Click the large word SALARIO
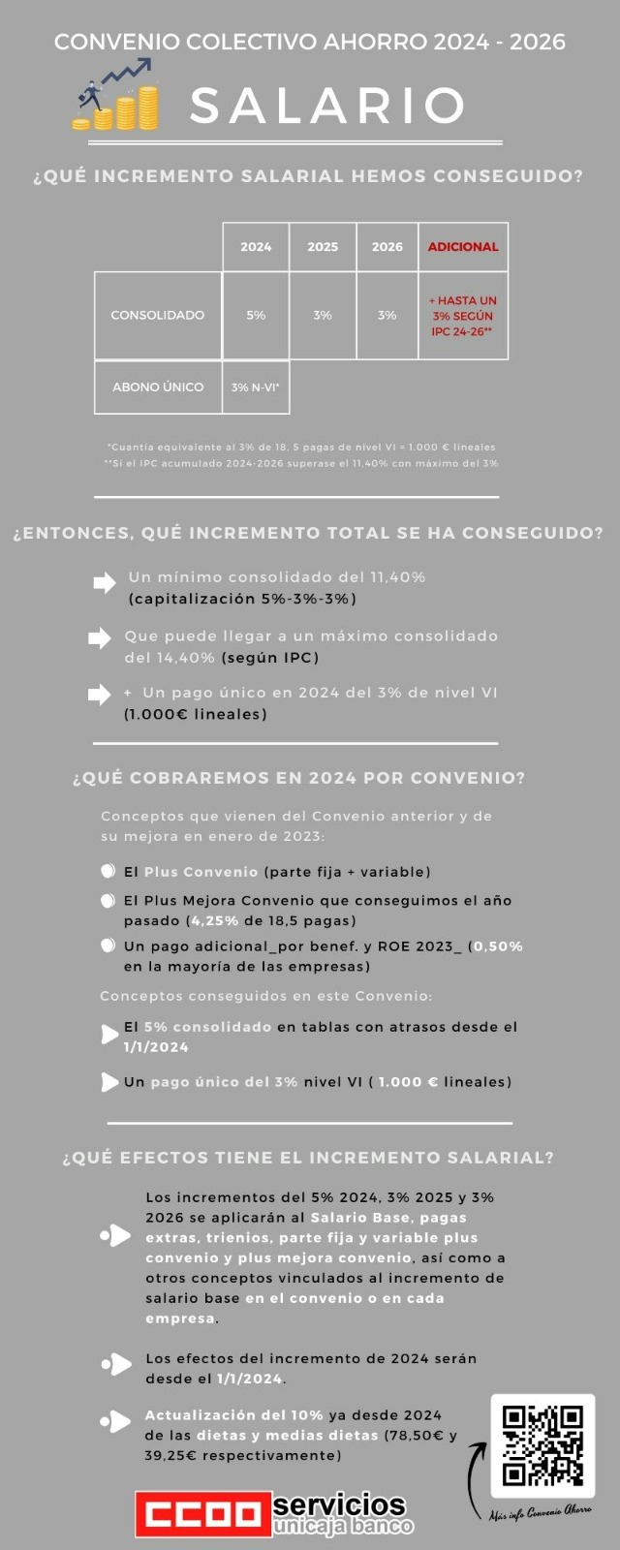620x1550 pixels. coord(327,106)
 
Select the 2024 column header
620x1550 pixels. coord(256,247)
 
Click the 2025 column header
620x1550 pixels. coord(323,247)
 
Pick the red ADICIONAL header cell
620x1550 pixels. coord(463,247)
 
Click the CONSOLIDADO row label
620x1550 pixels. coord(158,315)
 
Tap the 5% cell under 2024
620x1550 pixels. coord(256,315)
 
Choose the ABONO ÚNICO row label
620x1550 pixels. coord(158,387)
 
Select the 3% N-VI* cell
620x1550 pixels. coord(256,387)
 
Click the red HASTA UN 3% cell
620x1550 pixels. coord(463,316)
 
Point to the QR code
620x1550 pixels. coord(542,1445)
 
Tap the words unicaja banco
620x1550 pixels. coord(343,1527)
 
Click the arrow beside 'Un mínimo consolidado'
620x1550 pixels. coord(104,583)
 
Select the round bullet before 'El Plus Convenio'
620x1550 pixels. coord(108,872)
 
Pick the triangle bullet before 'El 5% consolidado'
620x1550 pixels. coord(109,1034)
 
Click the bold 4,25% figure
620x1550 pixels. coord(214,920)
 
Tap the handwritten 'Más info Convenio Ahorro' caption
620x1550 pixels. coord(540,1512)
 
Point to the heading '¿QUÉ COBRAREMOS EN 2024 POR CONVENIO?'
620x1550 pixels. coord(299,778)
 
